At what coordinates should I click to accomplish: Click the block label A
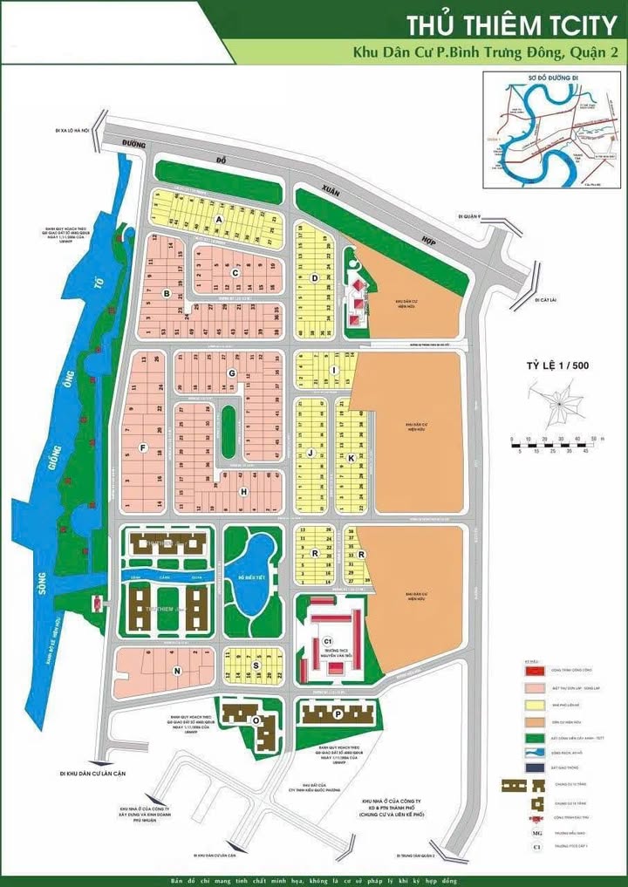(x=220, y=219)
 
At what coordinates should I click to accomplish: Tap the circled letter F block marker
(x=142, y=448)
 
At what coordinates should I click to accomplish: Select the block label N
(x=177, y=671)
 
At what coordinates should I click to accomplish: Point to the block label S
(x=256, y=665)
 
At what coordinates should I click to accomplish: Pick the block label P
(x=337, y=713)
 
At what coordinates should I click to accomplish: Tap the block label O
(x=256, y=720)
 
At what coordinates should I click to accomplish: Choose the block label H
(x=244, y=491)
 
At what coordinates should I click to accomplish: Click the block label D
(x=314, y=278)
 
